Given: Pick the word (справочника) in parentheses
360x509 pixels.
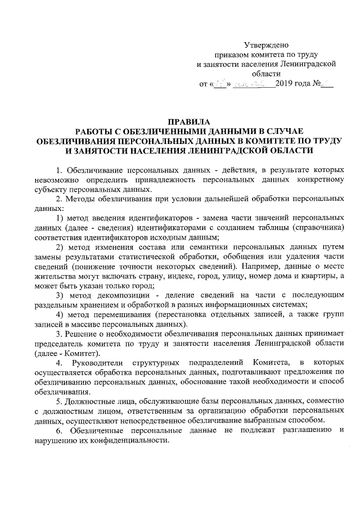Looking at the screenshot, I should [313, 227].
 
